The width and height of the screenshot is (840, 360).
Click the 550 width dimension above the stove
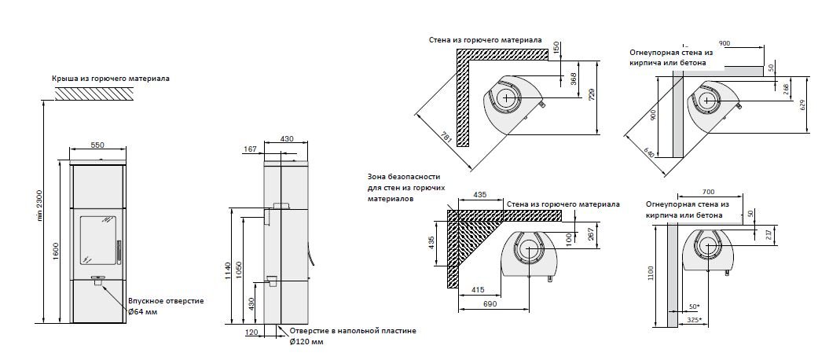97,145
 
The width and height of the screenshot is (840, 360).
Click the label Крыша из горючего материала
111,79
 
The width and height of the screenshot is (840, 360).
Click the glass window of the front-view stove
96,235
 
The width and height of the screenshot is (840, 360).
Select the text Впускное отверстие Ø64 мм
166,306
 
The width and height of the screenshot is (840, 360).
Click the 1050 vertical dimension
248,271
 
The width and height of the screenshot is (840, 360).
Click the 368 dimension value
573,79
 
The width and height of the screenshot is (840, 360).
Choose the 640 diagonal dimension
649,152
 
